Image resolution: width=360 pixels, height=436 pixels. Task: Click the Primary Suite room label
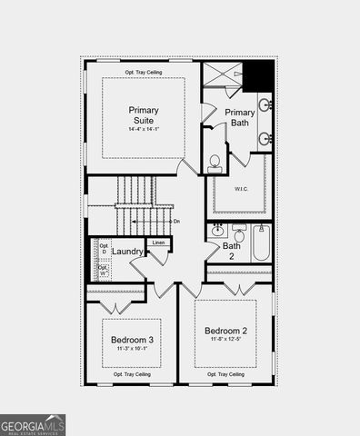(143, 114)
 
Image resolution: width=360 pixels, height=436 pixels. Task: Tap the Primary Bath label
(240, 117)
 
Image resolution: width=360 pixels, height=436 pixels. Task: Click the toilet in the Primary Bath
(215, 163)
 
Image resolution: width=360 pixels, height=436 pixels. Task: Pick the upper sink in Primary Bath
(264, 105)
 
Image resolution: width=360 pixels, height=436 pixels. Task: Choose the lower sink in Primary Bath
(264, 139)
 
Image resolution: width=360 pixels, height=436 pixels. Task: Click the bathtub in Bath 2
(260, 243)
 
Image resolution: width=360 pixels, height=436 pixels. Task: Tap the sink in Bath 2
(219, 231)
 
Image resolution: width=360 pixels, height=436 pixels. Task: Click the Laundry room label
(127, 252)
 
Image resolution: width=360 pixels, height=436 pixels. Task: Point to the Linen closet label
(158, 243)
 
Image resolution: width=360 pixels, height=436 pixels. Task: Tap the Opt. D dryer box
(104, 249)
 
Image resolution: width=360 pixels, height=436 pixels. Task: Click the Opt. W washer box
(104, 270)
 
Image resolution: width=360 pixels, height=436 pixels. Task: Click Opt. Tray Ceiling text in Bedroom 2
(225, 374)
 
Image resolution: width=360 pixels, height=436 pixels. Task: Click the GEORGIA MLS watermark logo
(33, 424)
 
